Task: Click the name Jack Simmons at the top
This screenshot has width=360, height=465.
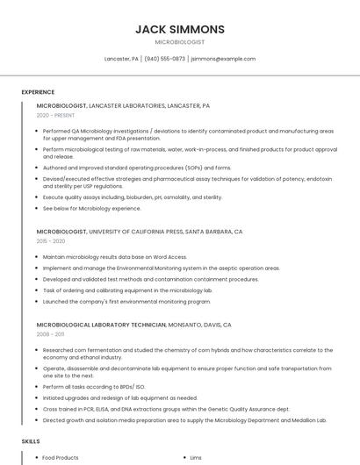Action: [180, 29]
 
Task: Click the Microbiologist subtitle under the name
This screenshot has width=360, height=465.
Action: [180, 41]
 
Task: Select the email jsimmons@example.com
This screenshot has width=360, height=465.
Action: [223, 59]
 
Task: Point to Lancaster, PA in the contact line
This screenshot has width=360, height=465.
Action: [122, 59]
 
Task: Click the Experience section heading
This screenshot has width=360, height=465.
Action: [38, 92]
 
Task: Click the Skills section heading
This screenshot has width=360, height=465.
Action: [31, 441]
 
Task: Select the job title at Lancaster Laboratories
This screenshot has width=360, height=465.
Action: [123, 105]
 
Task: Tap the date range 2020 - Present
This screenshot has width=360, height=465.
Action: [55, 115]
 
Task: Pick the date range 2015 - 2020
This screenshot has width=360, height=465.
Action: [51, 240]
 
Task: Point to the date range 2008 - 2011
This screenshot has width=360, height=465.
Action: [50, 334]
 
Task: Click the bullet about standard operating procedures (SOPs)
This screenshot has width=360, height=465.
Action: [137, 168]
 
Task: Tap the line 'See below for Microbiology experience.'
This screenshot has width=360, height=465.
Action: [91, 209]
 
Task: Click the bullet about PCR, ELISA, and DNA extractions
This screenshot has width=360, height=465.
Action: [166, 409]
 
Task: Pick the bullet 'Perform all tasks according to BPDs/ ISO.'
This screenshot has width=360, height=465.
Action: [95, 386]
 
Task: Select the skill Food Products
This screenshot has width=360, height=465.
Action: [61, 458]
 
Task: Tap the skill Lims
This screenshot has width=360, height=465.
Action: [196, 458]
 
